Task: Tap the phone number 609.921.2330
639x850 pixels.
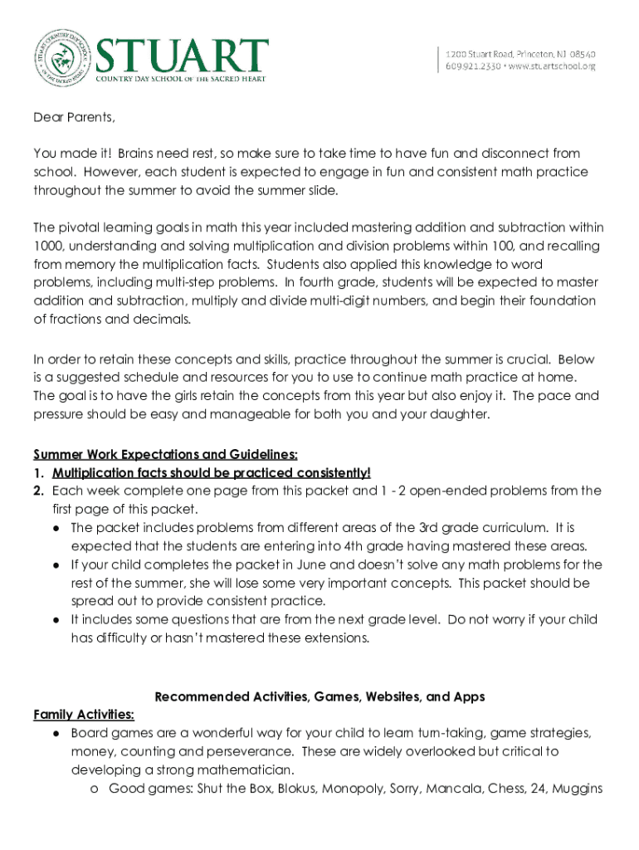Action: pos(473,66)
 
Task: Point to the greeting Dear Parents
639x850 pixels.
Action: pos(74,117)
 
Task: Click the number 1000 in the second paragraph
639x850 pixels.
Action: pos(50,246)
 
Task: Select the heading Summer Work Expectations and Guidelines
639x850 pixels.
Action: pos(165,454)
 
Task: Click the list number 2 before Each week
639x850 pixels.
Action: pos(38,491)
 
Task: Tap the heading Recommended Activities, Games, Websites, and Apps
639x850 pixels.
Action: pos(319,697)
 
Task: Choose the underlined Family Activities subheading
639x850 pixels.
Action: pos(84,715)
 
